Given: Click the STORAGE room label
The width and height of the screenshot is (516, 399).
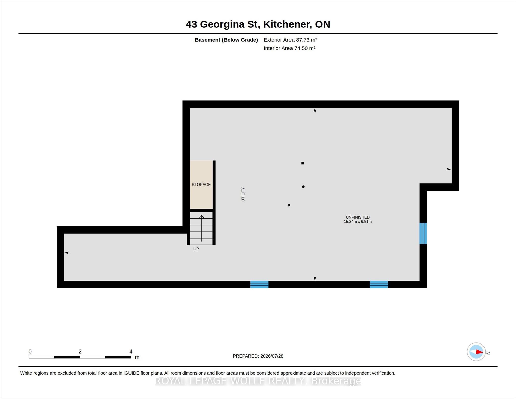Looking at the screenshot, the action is [201, 185].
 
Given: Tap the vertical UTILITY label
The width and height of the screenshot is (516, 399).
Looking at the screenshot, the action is [243, 194].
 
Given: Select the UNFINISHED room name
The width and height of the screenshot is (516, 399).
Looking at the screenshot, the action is [358, 217].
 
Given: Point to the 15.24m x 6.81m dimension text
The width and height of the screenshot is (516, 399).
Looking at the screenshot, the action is [358, 222].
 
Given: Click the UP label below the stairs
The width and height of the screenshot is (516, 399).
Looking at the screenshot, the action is [196, 249].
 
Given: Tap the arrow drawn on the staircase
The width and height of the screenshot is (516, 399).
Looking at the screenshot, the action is [201, 228].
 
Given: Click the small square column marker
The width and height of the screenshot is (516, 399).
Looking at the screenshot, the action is [303, 163].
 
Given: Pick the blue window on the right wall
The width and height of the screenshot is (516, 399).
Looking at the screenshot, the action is [423, 233].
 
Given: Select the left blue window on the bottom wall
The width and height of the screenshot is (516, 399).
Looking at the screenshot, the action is [259, 284].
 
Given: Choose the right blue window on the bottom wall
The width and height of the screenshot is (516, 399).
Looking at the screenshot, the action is [379, 284].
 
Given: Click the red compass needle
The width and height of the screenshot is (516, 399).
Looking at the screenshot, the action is [479, 352].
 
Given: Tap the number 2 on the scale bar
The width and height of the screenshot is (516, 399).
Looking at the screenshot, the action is [80, 352].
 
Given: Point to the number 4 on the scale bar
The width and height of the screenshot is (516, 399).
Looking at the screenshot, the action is [131, 352].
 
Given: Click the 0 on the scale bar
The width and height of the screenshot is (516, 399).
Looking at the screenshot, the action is [30, 352].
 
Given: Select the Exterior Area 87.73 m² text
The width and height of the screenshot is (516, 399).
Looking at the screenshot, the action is [290, 40].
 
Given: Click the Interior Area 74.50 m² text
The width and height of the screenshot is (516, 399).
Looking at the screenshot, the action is [289, 48].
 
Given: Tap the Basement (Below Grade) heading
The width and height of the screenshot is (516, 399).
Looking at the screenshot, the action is [226, 40].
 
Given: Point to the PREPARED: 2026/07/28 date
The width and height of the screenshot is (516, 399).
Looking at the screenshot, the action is [258, 356].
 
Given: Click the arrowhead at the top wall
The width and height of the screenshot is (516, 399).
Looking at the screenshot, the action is [315, 110].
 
